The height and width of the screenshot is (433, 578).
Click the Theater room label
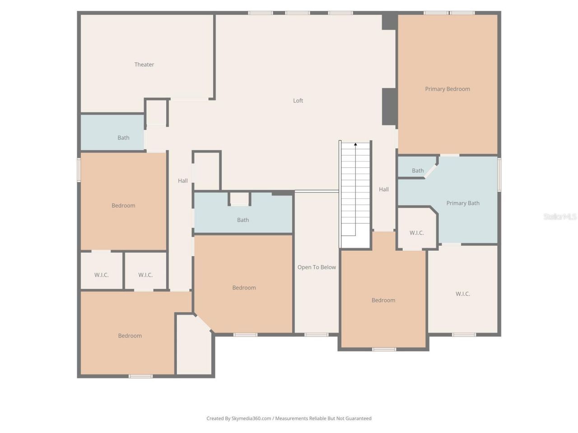144,64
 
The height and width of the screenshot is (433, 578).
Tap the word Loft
298,101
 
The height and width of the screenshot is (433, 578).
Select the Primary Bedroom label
447,89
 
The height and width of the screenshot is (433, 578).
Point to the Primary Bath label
463,203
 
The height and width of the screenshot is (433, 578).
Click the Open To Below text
317,267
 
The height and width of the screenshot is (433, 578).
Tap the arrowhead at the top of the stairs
355,144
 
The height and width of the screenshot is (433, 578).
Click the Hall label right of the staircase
384,189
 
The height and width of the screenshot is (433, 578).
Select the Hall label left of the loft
183,180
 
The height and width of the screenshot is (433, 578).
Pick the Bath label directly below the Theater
123,138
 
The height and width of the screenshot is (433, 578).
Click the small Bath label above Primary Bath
418,170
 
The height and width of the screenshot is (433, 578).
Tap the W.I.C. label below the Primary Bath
463,294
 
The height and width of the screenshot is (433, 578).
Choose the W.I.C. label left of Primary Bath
416,233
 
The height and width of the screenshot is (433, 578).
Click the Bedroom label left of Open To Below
244,287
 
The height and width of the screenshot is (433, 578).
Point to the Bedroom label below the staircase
383,300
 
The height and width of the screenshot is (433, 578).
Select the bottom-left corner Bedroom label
130,336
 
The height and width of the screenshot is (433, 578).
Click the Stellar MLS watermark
560,216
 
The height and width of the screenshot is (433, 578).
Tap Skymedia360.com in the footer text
251,419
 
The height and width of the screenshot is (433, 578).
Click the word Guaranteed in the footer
359,419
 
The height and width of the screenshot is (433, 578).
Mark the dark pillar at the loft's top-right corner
389,22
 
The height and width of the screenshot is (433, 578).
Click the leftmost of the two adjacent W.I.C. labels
102,275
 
